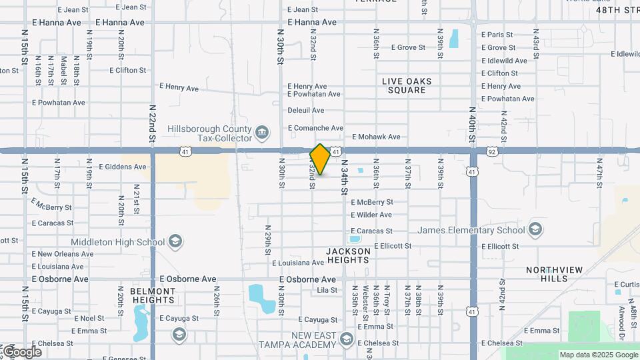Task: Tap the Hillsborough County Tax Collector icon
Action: click(263, 131)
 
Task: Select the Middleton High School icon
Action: click(175, 241)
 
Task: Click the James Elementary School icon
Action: click(535, 230)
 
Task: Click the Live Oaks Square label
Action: click(407, 85)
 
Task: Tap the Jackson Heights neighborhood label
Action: click(348, 255)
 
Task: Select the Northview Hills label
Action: click(554, 275)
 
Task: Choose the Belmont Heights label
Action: click(153, 295)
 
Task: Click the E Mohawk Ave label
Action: click(376, 137)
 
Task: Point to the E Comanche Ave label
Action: click(315, 127)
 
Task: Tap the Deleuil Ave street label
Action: click(305, 110)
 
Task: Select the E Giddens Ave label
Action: click(122, 167)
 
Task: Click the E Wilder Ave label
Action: click(371, 215)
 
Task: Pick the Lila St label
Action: click(327, 290)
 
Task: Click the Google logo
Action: click(22, 351)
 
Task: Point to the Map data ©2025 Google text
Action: click(598, 355)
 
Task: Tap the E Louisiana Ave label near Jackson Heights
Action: click(297, 263)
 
